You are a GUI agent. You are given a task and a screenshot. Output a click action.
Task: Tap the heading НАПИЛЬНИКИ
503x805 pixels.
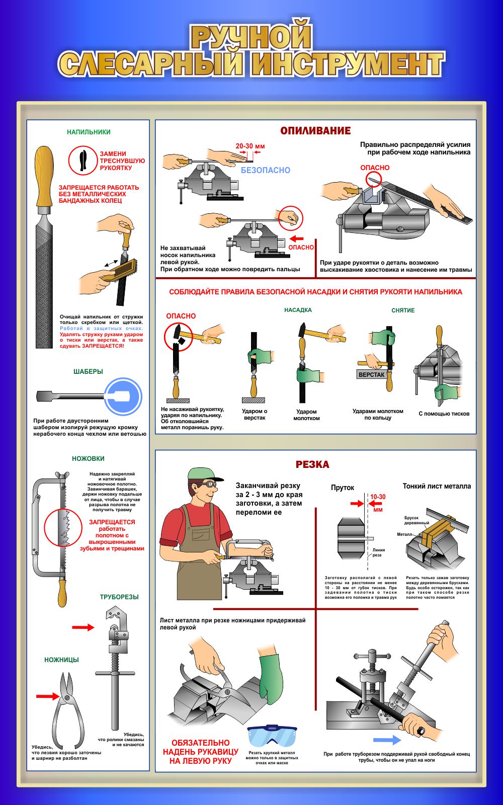(89, 132)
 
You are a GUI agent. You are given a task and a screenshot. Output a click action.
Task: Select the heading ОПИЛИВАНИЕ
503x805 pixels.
(315, 130)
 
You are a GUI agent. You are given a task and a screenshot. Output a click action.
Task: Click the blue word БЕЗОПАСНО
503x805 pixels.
(265, 170)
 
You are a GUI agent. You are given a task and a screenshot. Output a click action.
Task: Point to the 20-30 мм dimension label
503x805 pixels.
(250, 146)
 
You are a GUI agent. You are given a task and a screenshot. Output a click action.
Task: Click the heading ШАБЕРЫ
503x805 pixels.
(88, 372)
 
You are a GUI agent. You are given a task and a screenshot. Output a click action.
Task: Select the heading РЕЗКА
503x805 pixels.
(312, 464)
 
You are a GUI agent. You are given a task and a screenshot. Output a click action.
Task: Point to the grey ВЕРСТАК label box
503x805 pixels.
(371, 375)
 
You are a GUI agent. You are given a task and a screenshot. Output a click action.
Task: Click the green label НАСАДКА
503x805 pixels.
(298, 310)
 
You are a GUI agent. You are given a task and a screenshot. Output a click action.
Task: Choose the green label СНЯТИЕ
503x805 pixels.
(403, 310)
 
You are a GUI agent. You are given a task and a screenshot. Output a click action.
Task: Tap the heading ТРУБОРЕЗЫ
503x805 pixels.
(119, 597)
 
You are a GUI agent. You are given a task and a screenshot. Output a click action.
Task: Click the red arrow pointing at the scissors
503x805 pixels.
(48, 696)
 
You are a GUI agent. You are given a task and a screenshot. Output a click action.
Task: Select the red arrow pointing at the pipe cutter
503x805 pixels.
(83, 627)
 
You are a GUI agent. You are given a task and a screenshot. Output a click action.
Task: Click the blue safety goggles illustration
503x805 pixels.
(272, 735)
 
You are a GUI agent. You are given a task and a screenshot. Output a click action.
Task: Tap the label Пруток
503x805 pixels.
(343, 488)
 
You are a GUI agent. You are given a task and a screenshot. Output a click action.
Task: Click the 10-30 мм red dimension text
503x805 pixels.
(378, 503)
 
